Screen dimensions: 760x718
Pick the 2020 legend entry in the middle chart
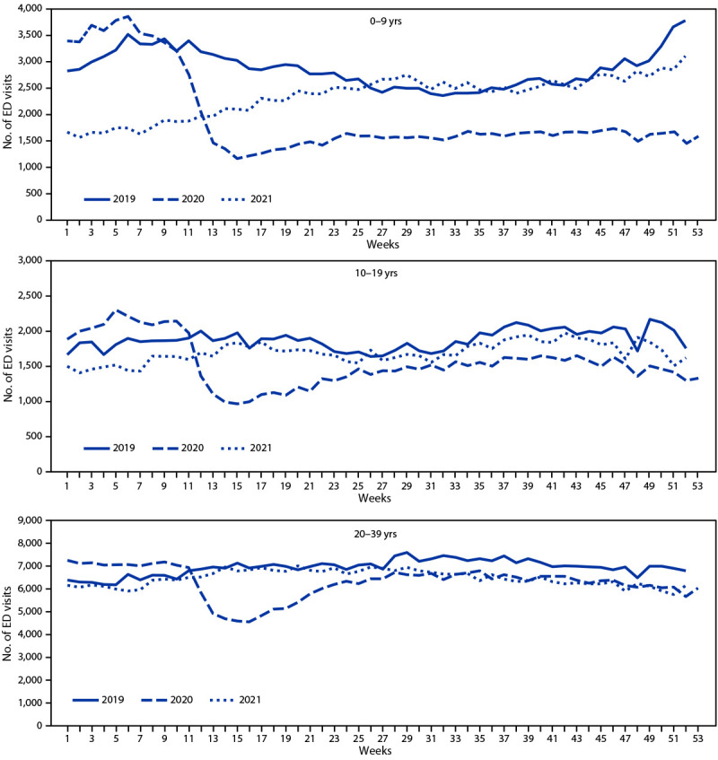click(201, 448)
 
